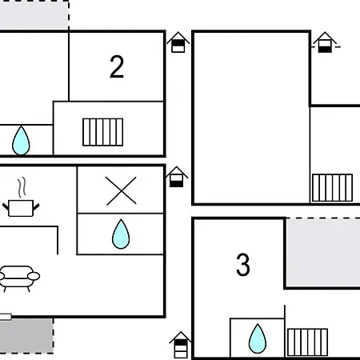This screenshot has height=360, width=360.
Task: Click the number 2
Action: point(117,66)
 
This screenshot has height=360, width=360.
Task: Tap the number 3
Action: point(243,265)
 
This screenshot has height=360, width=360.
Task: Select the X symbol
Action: point(121,190)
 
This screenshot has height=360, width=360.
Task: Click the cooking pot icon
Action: point(21,208)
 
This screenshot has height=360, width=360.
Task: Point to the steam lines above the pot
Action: point(22,187)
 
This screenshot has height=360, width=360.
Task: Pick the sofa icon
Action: point(19,278)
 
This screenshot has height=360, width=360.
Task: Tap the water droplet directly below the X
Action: point(121,234)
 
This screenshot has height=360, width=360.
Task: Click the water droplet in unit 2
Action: point(21,140)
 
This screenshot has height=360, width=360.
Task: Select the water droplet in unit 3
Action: point(258,338)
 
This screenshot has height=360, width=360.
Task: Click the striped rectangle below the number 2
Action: point(103,132)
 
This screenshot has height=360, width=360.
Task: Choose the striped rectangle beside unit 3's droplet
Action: point(307,342)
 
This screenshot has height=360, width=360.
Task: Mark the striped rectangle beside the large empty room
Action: point(332,188)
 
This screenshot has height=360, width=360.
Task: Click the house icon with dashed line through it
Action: point(325,42)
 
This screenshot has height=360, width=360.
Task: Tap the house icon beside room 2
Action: point(178,42)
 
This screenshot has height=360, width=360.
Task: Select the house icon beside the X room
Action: point(177,177)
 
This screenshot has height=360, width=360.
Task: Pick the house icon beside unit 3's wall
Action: point(181,345)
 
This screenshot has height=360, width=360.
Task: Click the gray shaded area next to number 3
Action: point(323,253)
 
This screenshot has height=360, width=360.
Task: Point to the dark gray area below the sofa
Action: point(26,336)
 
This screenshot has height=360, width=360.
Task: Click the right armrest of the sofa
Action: point(34,276)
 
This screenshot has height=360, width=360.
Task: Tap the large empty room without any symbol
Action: point(251,118)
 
